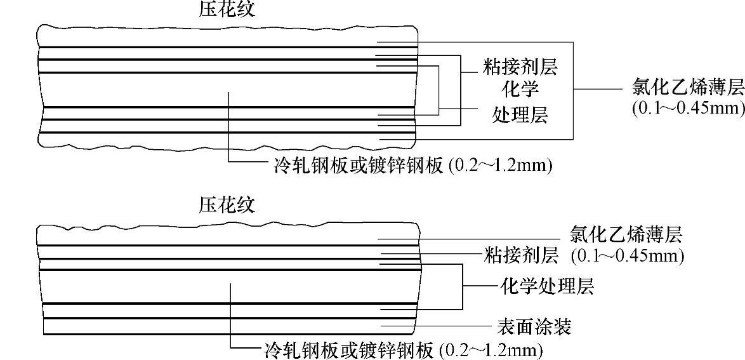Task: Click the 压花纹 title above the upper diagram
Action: click(x=226, y=10)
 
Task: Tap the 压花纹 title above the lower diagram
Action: click(x=226, y=204)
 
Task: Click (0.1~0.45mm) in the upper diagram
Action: click(x=688, y=107)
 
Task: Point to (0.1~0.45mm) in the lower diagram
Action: click(x=627, y=256)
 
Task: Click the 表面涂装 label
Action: click(x=534, y=326)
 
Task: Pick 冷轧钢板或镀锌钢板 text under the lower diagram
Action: click(x=348, y=349)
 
